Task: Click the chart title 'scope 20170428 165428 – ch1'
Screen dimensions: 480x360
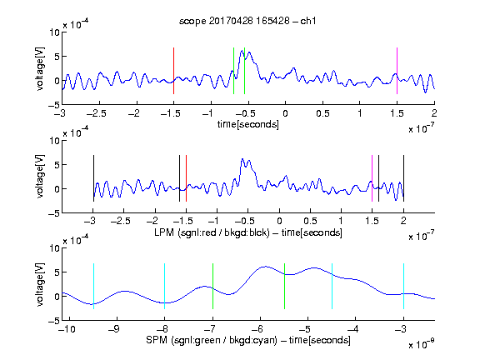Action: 247,21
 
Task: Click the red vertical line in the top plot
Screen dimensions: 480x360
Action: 173,71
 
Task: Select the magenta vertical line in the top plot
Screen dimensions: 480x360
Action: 397,71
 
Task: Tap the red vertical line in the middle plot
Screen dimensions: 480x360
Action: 186,178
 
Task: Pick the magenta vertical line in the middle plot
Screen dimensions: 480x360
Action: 372,178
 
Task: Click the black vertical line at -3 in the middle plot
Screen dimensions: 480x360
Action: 93,178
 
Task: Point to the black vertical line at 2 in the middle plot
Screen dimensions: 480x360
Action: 403,178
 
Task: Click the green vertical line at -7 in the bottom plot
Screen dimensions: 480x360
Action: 212,286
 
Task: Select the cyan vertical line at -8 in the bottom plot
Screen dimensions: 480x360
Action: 164,286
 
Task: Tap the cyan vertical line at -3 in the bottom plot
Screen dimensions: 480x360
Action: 403,286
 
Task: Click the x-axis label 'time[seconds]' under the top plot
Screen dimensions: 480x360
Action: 248,124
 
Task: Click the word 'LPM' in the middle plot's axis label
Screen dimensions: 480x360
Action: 164,232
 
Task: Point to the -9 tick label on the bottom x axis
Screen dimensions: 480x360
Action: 114,329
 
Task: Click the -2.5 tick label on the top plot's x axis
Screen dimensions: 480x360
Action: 97,113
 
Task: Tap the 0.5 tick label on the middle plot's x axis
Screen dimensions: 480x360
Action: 310,222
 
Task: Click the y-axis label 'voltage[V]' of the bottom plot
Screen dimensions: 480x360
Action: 40,284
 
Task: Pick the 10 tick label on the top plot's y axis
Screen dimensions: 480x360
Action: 55,32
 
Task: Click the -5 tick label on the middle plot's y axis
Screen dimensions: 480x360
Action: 54,213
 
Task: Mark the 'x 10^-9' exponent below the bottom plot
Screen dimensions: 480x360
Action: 422,344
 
